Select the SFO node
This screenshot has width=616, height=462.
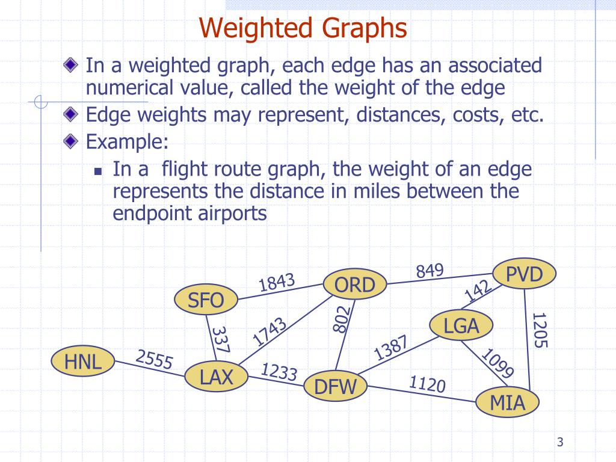[206, 300]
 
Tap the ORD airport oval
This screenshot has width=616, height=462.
[354, 285]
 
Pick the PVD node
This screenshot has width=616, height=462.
[524, 276]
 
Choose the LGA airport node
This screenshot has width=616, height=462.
[461, 325]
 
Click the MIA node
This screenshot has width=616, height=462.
[508, 402]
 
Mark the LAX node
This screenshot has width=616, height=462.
[216, 377]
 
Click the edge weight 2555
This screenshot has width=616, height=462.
[154, 360]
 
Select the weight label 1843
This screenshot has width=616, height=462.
[277, 282]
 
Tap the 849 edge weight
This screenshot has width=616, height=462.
[430, 271]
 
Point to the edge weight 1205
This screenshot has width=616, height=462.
[540, 330]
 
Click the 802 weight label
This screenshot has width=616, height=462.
[341, 318]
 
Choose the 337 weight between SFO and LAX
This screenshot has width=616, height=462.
[220, 340]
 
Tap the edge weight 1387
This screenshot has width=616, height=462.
[392, 348]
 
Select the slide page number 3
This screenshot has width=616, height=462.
[560, 443]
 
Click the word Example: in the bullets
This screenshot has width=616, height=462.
[127, 142]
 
